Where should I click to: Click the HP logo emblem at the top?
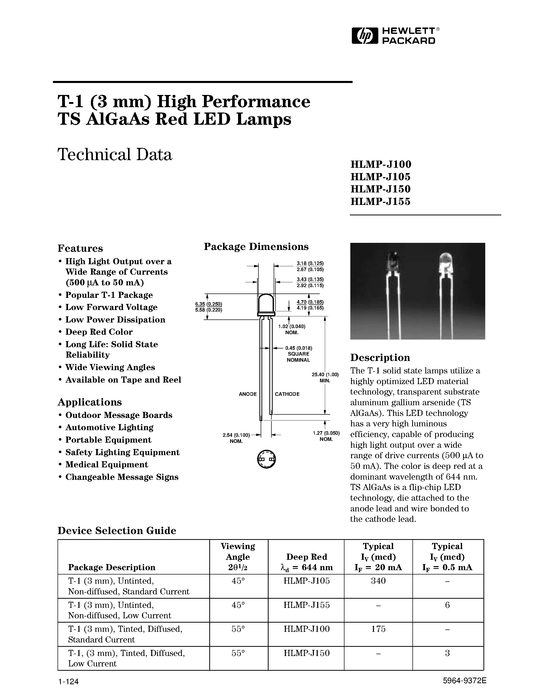click(363, 36)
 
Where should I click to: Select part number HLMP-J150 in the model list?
click(380, 189)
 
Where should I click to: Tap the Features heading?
click(80, 248)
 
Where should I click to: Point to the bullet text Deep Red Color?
click(99, 332)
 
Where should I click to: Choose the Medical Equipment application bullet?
click(107, 465)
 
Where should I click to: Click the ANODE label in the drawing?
click(248, 394)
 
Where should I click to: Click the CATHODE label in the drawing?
click(287, 394)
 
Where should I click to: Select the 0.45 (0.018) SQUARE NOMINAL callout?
click(298, 354)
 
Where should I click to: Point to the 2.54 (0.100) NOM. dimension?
click(236, 438)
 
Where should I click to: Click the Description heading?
click(380, 357)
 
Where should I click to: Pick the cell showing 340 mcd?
click(378, 581)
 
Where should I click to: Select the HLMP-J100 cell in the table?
click(306, 629)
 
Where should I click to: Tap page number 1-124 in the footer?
click(68, 681)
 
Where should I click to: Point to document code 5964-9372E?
click(464, 681)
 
